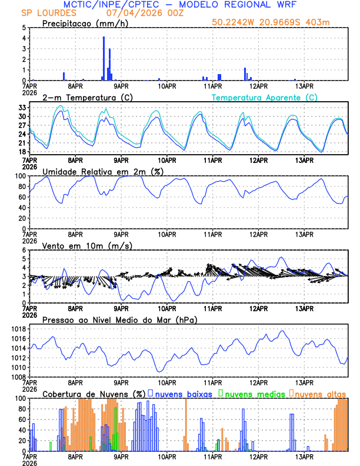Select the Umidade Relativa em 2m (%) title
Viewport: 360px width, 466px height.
point(103,171)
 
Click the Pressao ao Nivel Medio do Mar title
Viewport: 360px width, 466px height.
point(120,319)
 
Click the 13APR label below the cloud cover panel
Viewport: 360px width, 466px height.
point(304,456)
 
